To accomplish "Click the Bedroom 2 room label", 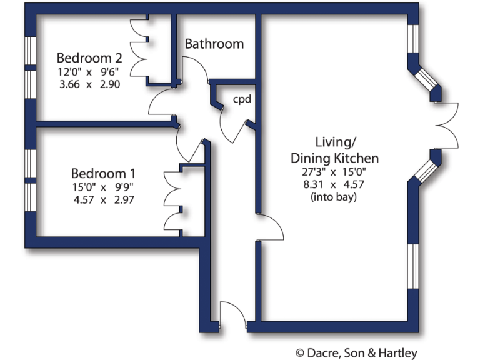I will point(89,57).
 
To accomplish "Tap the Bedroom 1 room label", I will point(102,173).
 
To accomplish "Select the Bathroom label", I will point(214,44).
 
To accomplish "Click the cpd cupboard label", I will point(242,99).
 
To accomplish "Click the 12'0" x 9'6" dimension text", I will point(89,71).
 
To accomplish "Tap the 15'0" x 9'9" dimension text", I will point(103,187).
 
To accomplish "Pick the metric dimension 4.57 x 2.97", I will point(103,200).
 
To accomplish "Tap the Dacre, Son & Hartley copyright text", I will point(356,353).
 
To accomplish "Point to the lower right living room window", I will point(413,266).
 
